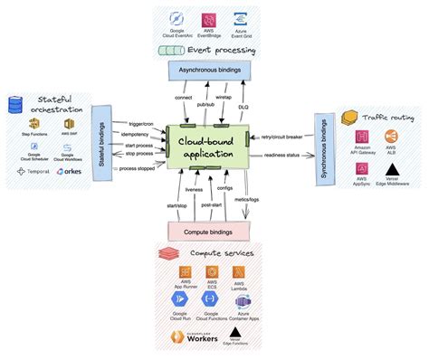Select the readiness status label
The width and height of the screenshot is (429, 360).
pyautogui.click(x=282, y=156)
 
